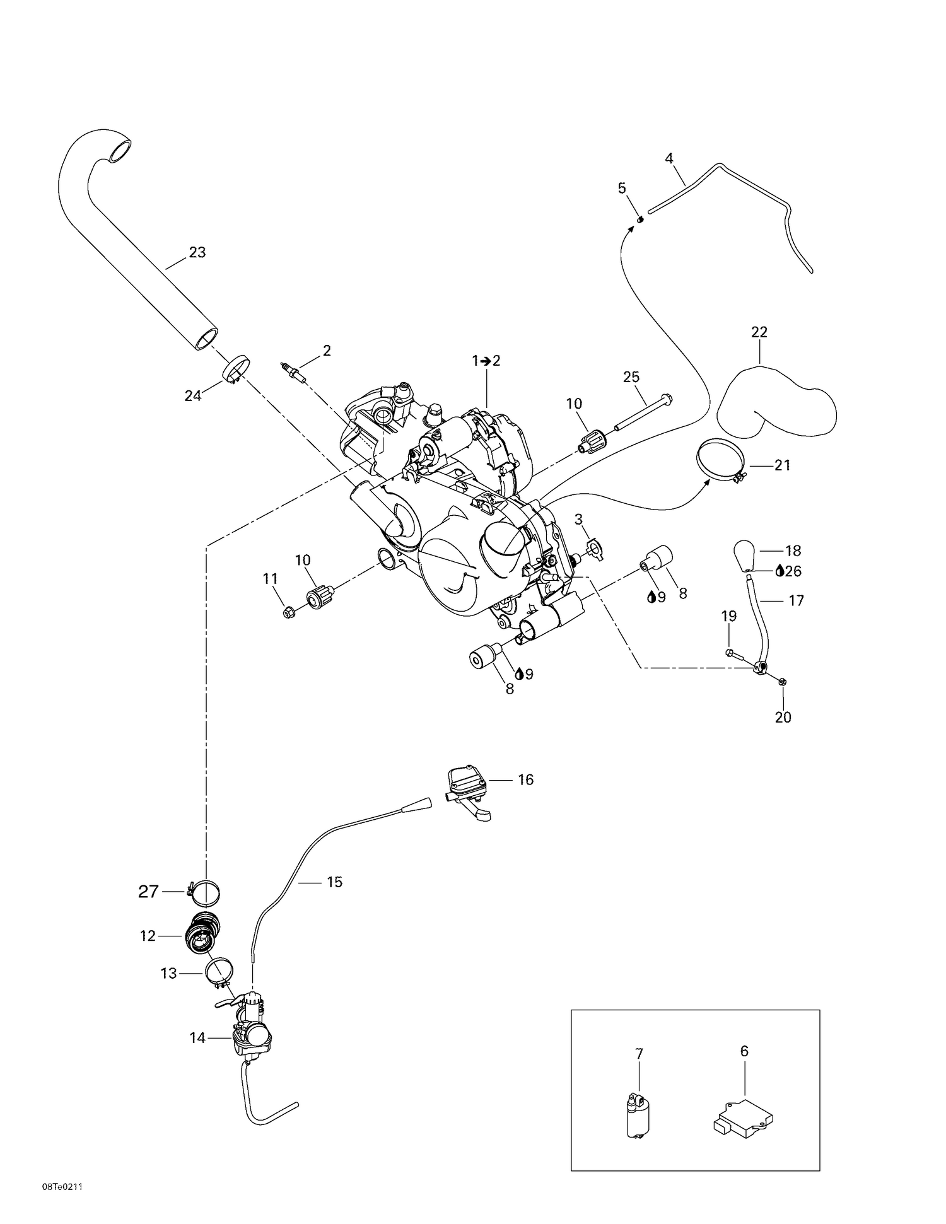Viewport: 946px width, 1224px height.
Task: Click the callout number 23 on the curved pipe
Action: [x=197, y=252]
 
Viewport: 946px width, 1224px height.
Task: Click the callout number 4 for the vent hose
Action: [x=669, y=158]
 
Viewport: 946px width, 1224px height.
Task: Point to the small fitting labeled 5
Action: [x=639, y=219]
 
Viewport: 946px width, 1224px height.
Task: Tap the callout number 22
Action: [x=759, y=332]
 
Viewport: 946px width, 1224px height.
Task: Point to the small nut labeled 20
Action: [x=782, y=682]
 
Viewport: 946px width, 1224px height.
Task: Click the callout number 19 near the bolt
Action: [x=729, y=616]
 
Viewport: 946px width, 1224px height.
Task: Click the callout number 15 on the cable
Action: [x=334, y=882]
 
